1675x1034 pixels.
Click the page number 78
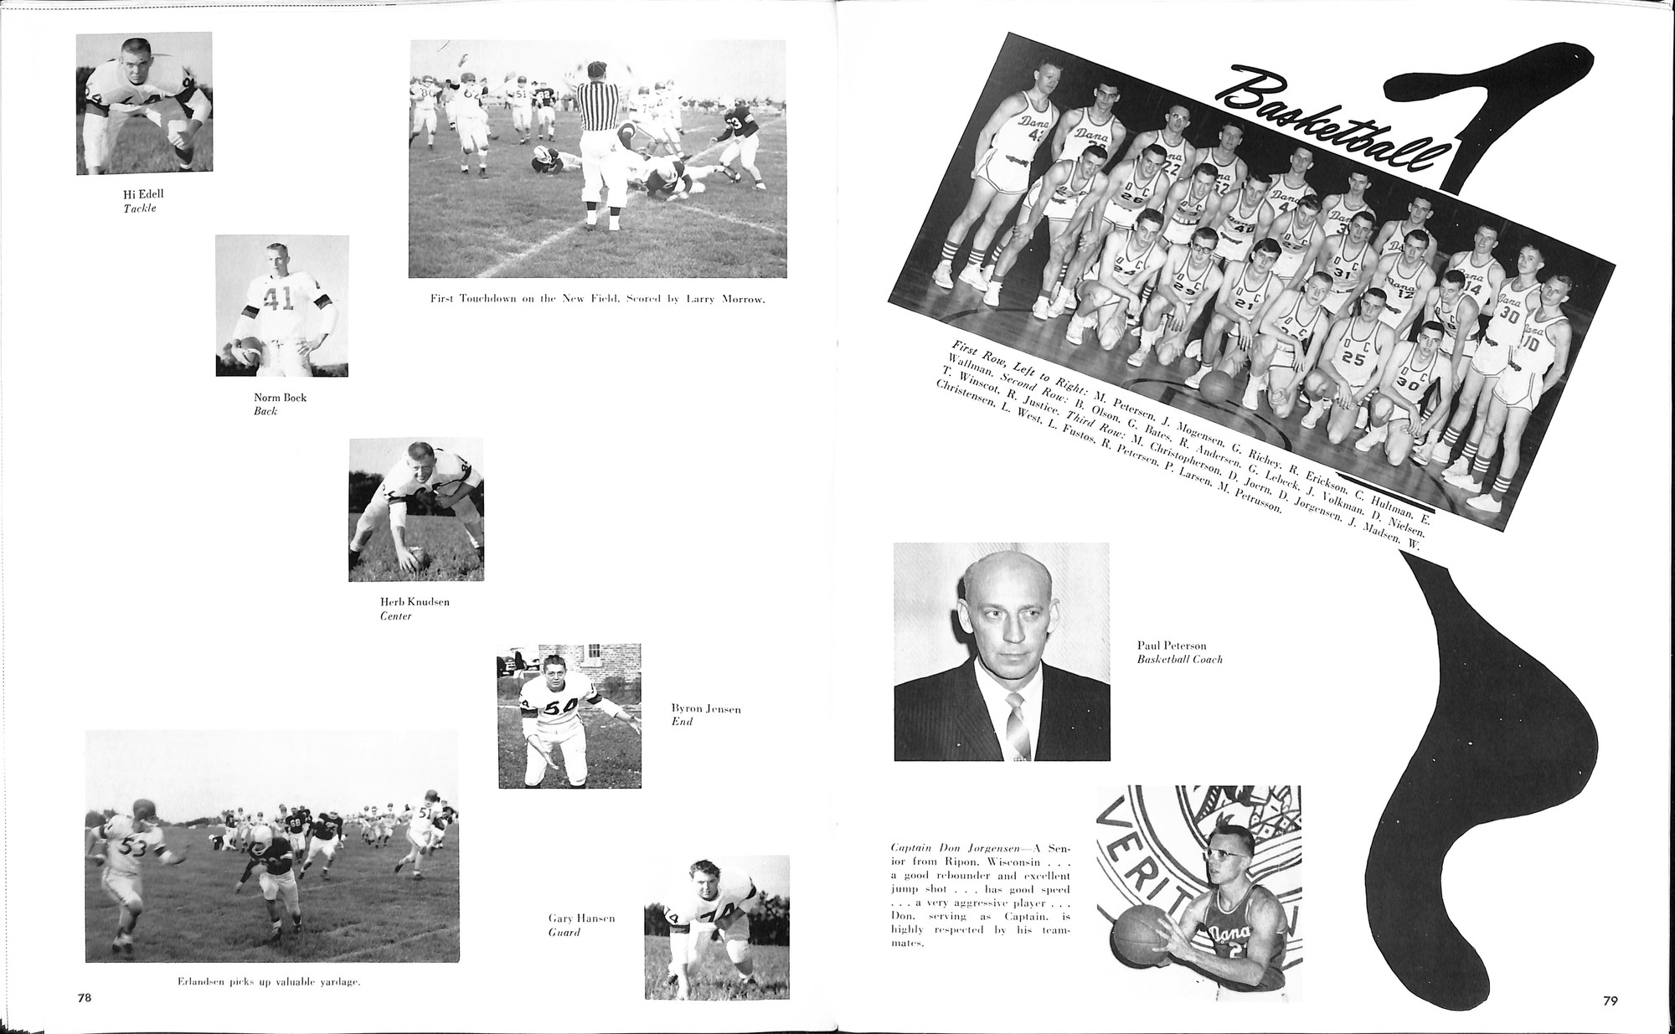(84, 998)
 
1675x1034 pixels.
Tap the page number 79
(1610, 1000)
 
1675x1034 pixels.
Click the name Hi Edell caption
(143, 194)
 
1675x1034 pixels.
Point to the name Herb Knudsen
(415, 602)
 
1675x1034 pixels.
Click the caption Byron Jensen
(706, 709)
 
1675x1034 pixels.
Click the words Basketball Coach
(1179, 660)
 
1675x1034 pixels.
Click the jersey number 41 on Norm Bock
(277, 298)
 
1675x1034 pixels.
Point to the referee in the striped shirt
(601, 142)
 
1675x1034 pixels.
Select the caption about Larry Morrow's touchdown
(597, 299)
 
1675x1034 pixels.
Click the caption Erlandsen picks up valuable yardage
(269, 981)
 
